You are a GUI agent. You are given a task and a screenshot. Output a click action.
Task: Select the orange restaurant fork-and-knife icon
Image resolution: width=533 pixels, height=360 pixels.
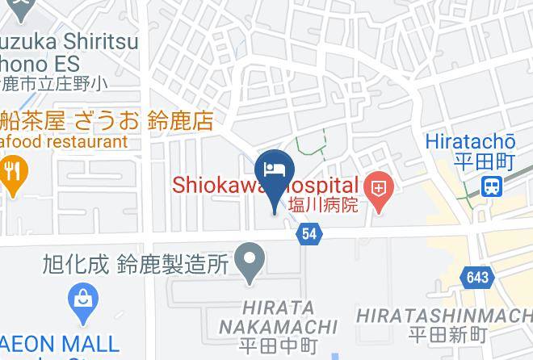[12, 172]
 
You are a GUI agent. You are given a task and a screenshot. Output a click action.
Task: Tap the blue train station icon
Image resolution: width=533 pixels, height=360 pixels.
[490, 187]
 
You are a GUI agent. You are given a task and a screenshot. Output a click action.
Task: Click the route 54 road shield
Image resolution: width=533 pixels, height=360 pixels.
[310, 233]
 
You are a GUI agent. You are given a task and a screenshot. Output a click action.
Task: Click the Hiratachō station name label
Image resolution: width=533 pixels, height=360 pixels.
[468, 141]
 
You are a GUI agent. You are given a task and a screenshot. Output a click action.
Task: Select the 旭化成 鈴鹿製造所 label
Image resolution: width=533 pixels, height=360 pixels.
[137, 263]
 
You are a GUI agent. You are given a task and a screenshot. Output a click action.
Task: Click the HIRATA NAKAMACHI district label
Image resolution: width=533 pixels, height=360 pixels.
[278, 317]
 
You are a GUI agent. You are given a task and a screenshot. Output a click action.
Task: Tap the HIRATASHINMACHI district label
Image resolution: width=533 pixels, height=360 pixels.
[443, 314]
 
